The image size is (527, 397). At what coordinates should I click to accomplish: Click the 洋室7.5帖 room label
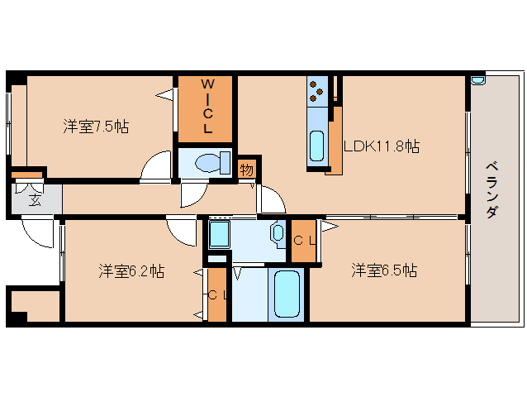96,127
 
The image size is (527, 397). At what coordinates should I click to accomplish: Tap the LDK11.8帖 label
382,146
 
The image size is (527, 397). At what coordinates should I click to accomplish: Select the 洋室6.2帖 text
131,270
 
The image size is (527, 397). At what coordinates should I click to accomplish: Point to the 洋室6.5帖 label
383,270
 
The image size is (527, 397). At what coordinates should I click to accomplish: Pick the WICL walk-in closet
207,108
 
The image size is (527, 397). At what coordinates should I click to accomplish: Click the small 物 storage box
246,169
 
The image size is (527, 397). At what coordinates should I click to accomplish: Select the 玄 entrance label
35,198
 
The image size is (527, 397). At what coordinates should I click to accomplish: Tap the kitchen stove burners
317,92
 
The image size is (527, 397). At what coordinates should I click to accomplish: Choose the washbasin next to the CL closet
278,234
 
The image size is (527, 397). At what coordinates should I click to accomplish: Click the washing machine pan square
219,234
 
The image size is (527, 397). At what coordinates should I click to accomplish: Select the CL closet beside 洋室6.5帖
304,241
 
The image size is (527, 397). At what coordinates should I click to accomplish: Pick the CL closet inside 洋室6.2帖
216,294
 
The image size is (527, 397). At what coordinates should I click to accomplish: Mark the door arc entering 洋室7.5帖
155,168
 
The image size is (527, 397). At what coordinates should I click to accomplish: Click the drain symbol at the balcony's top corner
477,80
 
